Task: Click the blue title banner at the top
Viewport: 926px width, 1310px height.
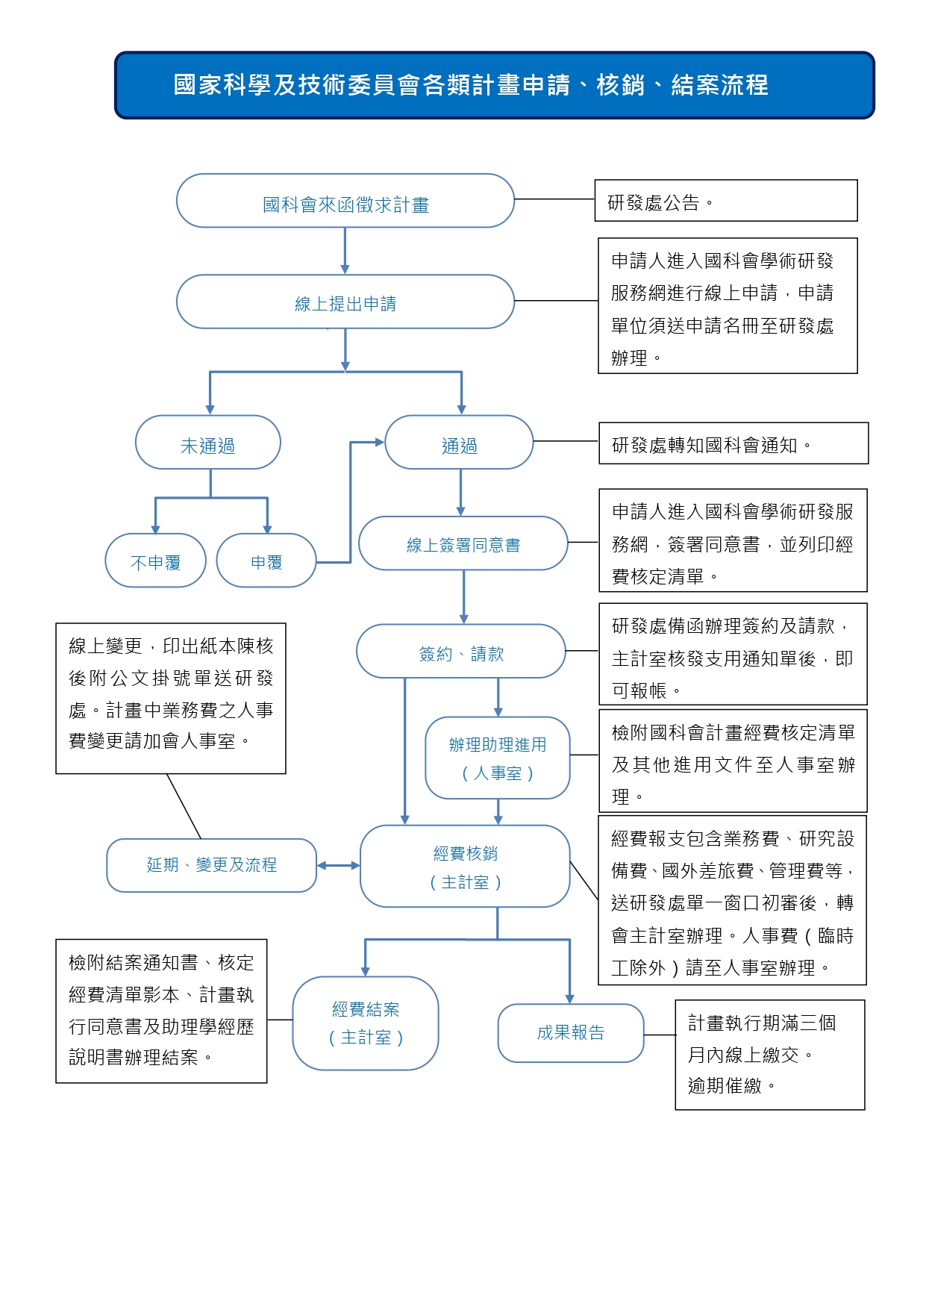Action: [x=494, y=85]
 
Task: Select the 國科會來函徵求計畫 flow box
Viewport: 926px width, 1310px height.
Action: [x=345, y=201]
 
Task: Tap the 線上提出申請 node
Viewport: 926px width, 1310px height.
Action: [x=345, y=302]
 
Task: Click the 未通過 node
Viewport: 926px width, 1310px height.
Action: [x=208, y=443]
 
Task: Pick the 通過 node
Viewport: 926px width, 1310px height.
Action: [x=459, y=443]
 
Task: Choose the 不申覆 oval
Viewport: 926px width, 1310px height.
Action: [x=155, y=561]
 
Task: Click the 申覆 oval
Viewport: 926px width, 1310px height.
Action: [x=266, y=561]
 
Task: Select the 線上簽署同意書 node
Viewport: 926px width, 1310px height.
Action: [x=463, y=543]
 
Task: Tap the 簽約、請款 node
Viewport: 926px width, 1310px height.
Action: [x=461, y=652]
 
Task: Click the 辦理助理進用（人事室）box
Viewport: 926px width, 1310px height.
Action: [x=498, y=758]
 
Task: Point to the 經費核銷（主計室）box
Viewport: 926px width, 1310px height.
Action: [x=465, y=866]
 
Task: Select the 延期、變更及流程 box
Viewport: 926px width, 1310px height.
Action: [x=212, y=865]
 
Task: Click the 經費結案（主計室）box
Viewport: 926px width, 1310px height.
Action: [x=366, y=1023]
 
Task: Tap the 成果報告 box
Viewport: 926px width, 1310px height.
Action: [x=571, y=1033]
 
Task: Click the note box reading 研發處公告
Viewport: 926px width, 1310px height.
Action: [x=726, y=201]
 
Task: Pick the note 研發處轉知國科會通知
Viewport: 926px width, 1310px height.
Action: [x=733, y=443]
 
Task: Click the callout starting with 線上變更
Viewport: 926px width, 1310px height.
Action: [x=171, y=698]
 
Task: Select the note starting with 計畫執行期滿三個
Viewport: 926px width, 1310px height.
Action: [x=770, y=1055]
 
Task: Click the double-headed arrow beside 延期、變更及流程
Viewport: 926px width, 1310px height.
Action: [x=339, y=866]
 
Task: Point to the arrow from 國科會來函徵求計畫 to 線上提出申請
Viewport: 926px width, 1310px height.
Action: [x=345, y=251]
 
